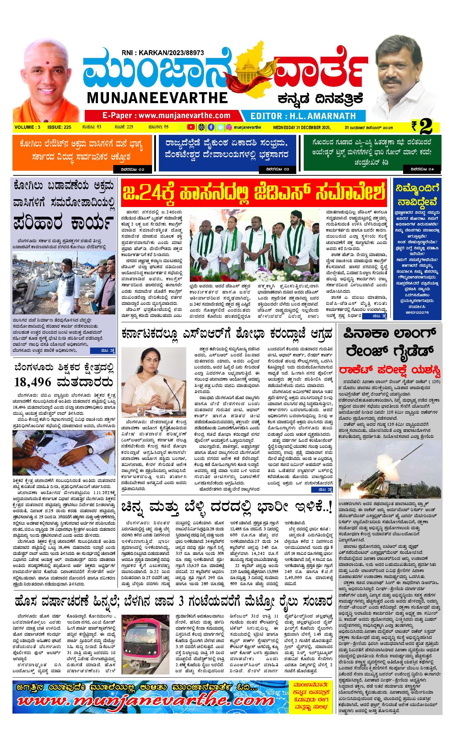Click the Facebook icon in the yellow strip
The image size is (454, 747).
(211, 127)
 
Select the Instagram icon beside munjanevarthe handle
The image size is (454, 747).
(230, 127)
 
